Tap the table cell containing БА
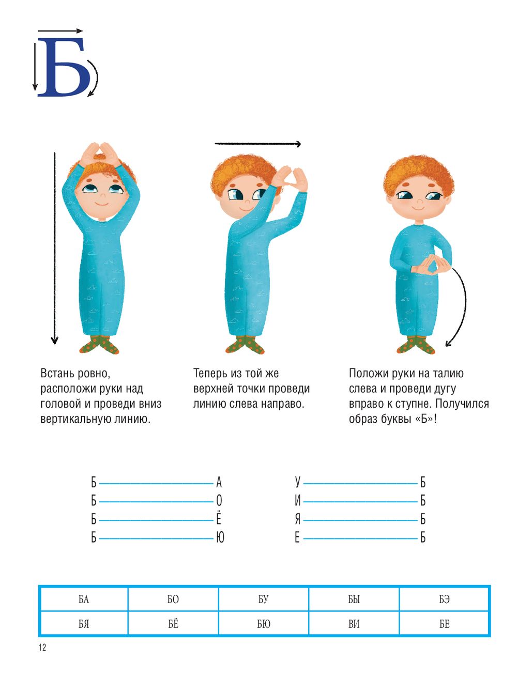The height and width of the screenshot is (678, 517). pyautogui.click(x=84, y=599)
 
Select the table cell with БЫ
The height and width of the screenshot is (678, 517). pyautogui.click(x=354, y=599)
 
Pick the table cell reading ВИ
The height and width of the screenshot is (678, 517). pyautogui.click(x=354, y=624)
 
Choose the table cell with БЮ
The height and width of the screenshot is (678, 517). pyautogui.click(x=264, y=624)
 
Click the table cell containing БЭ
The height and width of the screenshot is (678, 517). pyautogui.click(x=444, y=599)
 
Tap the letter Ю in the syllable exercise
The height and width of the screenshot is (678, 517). pyautogui.click(x=220, y=538)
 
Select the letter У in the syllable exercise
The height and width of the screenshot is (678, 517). pyautogui.click(x=297, y=482)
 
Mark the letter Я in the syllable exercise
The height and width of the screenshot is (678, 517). pyautogui.click(x=297, y=519)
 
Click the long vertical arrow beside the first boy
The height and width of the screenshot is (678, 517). pyautogui.click(x=55, y=249)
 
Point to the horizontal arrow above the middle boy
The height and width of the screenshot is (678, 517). pyautogui.click(x=258, y=144)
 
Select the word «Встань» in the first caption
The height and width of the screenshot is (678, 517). pyautogui.click(x=57, y=374)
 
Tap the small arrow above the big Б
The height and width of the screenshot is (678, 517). pyautogui.click(x=60, y=31)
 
